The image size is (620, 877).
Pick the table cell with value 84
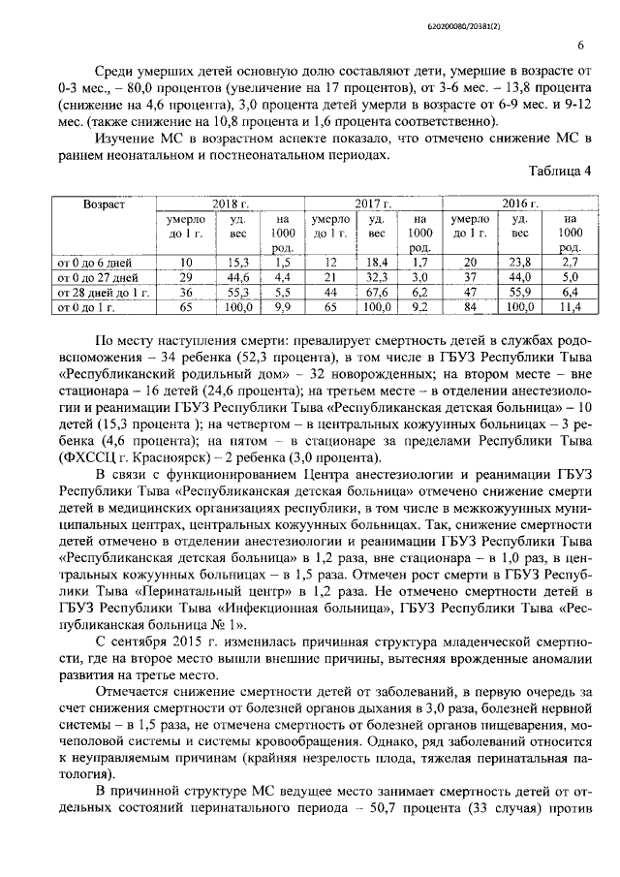pyautogui.click(x=469, y=307)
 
